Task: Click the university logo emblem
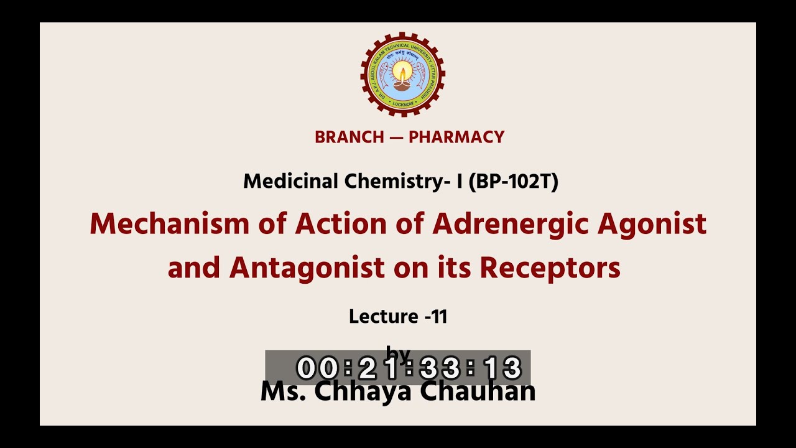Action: click(402, 75)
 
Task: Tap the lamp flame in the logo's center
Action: click(402, 73)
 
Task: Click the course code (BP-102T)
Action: click(513, 182)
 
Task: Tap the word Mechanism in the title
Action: click(170, 224)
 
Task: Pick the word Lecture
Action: click(382, 317)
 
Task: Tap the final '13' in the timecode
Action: click(502, 368)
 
